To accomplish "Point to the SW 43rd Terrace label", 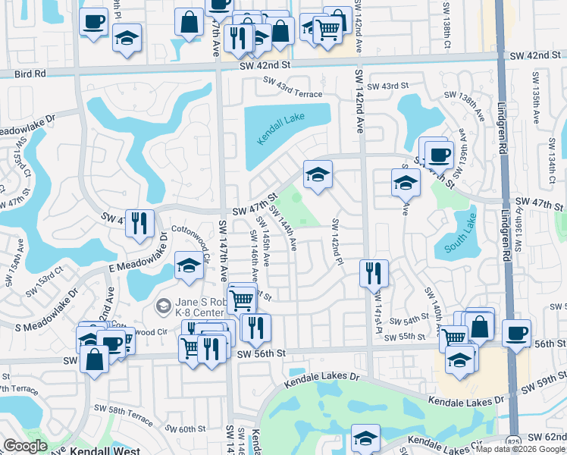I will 287,92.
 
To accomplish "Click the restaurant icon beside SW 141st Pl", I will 372,273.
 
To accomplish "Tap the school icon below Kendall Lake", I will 318,175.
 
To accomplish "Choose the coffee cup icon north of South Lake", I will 439,155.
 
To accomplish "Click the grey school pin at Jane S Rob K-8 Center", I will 161,307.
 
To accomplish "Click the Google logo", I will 25,446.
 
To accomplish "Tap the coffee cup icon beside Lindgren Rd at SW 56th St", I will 516,333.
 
